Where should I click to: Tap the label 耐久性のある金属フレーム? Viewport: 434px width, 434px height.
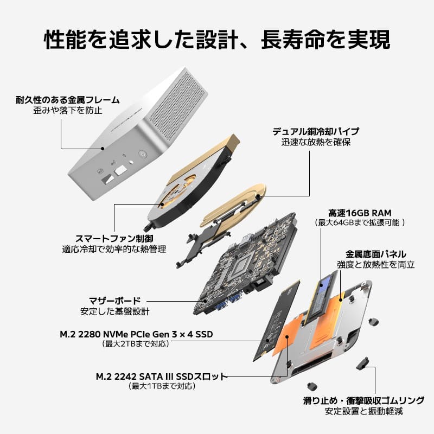[x=67, y=100]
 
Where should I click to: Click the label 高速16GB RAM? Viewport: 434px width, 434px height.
[x=360, y=213]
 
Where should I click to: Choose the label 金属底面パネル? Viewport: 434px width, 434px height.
[x=376, y=254]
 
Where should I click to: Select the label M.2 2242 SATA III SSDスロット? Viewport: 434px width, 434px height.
[x=161, y=376]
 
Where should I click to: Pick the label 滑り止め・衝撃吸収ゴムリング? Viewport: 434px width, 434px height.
[x=363, y=401]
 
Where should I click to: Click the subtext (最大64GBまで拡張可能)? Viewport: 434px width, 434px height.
[x=360, y=223]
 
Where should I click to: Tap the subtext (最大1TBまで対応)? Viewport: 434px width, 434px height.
[x=161, y=386]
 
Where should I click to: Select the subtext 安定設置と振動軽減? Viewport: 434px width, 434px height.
[x=363, y=412]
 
